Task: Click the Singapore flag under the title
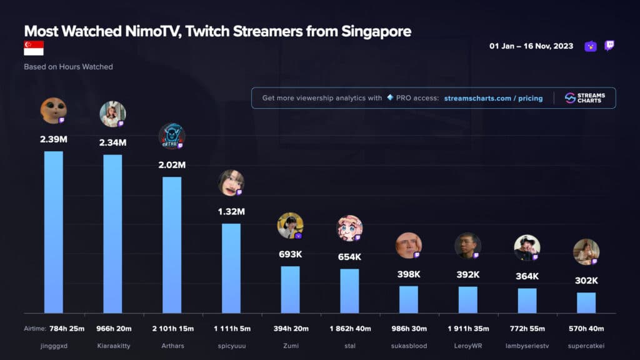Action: point(34,48)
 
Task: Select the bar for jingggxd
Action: point(53,232)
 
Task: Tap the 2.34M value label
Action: point(112,142)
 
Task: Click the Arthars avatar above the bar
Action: point(171,136)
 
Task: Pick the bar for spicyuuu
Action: point(231,268)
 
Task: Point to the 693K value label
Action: point(290,254)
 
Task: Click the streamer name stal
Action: point(349,346)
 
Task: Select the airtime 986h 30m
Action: point(408,328)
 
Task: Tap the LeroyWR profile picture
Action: point(467,246)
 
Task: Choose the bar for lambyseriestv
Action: point(527,301)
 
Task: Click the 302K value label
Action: point(586,281)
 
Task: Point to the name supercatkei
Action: point(586,346)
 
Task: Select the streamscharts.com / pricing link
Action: point(493,98)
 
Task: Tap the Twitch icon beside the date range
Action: point(609,46)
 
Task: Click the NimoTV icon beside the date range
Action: point(591,46)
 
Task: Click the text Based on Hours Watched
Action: point(68,66)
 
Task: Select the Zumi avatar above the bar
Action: point(290,226)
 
